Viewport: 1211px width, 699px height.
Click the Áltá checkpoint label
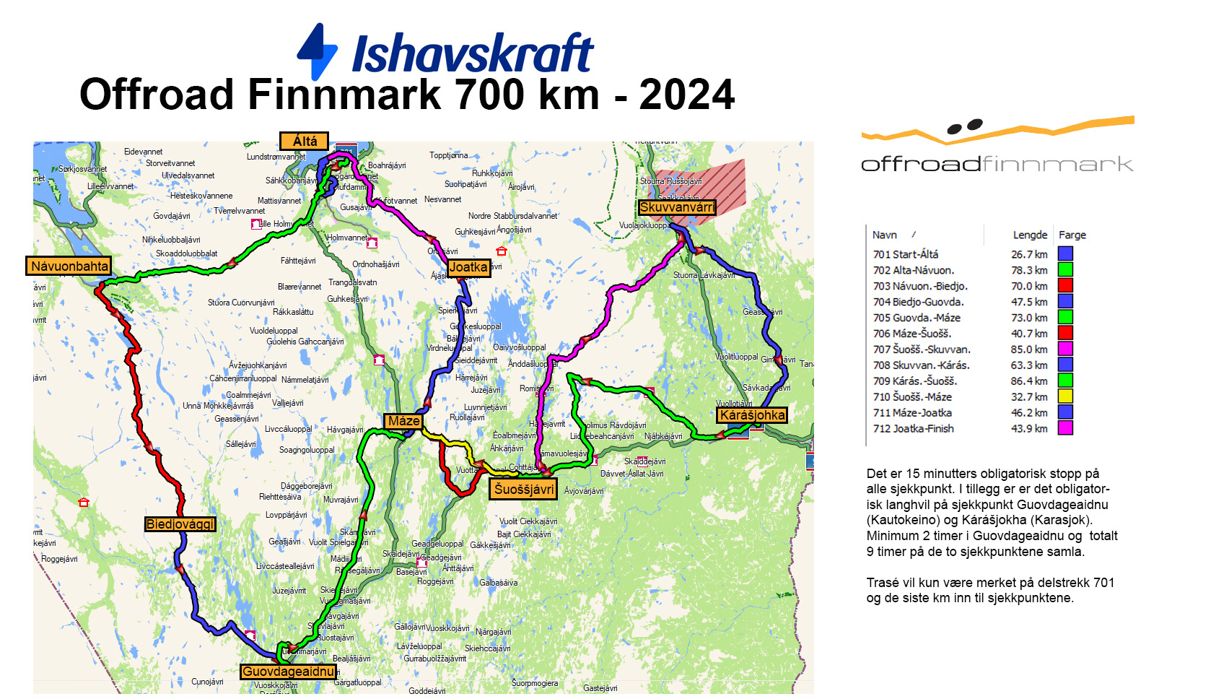[x=304, y=141]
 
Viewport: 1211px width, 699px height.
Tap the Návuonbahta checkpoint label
[x=69, y=266]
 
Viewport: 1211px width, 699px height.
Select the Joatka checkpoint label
[x=468, y=267]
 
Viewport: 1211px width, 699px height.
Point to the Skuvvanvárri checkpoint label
[x=676, y=207]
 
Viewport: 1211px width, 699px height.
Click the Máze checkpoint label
[x=403, y=421]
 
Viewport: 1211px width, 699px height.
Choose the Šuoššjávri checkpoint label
[x=524, y=489]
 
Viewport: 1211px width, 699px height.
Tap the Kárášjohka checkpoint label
[x=752, y=415]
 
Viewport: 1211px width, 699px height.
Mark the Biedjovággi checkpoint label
[x=180, y=524]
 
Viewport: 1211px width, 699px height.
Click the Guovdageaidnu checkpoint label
[x=288, y=672]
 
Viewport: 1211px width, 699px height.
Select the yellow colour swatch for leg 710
[x=1065, y=396]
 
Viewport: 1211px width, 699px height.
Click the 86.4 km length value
[x=1029, y=381]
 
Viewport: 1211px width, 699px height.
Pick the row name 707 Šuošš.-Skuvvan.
[x=922, y=349]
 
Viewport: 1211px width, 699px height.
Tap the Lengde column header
[x=1030, y=235]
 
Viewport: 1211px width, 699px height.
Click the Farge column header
[x=1072, y=235]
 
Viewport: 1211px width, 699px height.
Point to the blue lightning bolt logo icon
[x=318, y=51]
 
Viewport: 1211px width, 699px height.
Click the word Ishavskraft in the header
[x=473, y=53]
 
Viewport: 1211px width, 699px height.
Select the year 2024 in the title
[x=686, y=95]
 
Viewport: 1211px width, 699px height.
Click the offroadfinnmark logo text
[x=997, y=164]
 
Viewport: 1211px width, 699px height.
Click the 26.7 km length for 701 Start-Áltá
[x=1029, y=254]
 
